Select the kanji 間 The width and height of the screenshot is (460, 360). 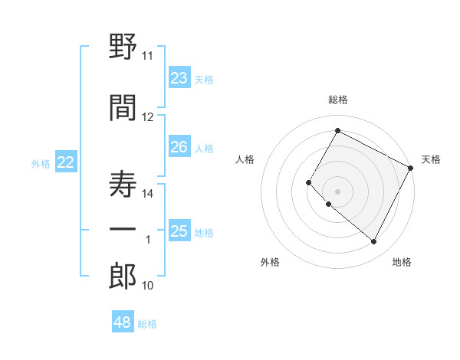tap(123, 108)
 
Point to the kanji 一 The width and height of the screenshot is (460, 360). tap(123, 230)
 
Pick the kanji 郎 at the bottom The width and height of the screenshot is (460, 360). tap(123, 277)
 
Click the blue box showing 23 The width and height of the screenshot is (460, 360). tap(179, 78)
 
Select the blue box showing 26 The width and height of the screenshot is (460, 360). tap(179, 147)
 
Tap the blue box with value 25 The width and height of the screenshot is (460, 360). tap(179, 231)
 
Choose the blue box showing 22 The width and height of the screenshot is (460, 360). tap(66, 162)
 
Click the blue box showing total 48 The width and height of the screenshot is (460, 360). tap(123, 322)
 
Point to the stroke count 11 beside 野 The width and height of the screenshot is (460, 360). tap(147, 56)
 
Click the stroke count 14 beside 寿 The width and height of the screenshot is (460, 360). tap(147, 194)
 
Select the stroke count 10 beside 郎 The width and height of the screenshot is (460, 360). tap(147, 286)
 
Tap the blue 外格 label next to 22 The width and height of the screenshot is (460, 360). tap(41, 163)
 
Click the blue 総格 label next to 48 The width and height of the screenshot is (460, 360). tap(147, 324)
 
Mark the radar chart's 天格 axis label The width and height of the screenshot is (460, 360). tap(431, 159)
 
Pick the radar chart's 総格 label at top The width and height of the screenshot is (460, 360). tap(337, 100)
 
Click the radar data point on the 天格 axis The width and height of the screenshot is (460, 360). tap(411, 168)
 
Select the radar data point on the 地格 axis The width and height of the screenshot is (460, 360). tap(373, 242)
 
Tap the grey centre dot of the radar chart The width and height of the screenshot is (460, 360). tap(337, 191)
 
